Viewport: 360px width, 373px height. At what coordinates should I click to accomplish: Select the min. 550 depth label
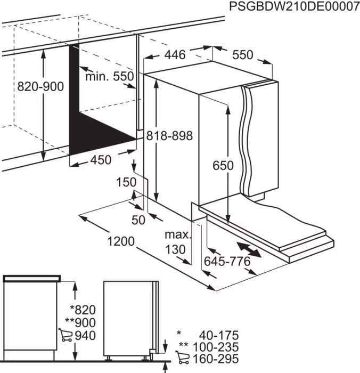109,77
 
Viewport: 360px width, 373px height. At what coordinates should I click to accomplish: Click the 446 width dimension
174,54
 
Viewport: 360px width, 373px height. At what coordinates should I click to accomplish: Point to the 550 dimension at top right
242,54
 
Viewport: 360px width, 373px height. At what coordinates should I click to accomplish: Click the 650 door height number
223,166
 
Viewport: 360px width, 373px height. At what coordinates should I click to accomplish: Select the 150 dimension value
126,183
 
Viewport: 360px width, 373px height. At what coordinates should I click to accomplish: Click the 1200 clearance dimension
120,242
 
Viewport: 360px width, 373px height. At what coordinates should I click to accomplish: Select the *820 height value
83,310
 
